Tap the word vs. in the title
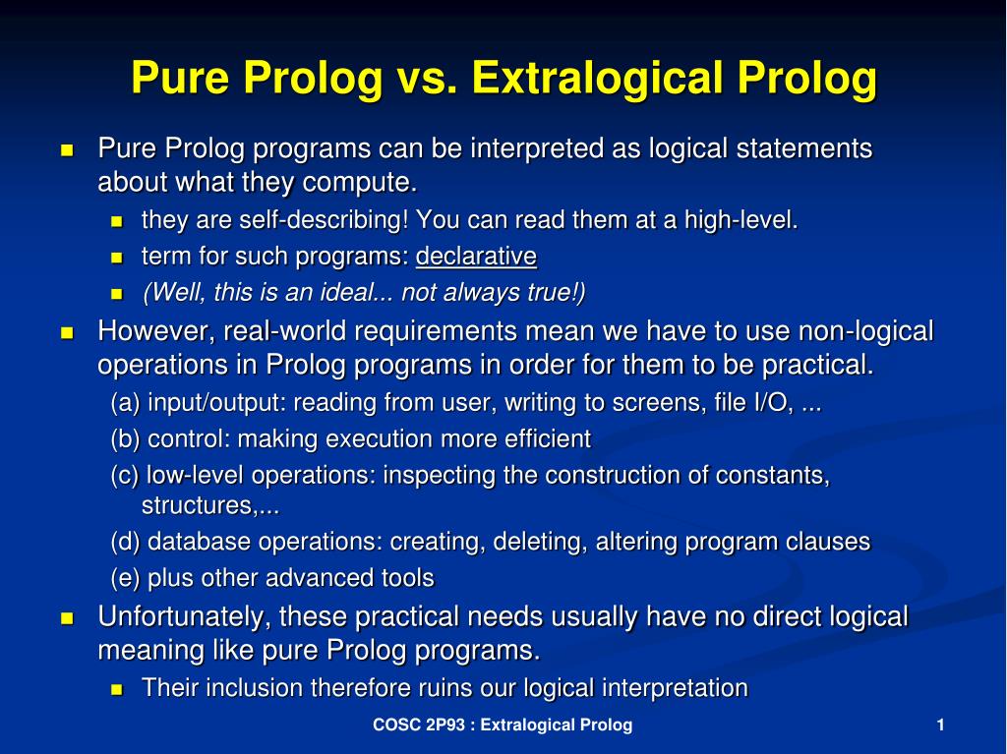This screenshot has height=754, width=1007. tap(427, 79)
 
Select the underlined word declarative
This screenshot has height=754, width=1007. tap(476, 257)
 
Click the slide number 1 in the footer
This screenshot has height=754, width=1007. tap(941, 725)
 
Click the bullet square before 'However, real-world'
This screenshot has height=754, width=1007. tap(67, 332)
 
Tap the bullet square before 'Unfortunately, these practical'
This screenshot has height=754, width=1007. tap(67, 617)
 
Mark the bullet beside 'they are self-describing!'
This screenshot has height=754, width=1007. tap(116, 221)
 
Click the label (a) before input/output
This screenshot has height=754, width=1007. tap(125, 403)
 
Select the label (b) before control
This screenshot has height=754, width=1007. tap(125, 439)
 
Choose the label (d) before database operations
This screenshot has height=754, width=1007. tap(125, 542)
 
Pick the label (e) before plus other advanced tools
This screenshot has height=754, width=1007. tap(125, 578)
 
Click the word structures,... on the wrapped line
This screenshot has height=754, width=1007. tap(210, 505)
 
